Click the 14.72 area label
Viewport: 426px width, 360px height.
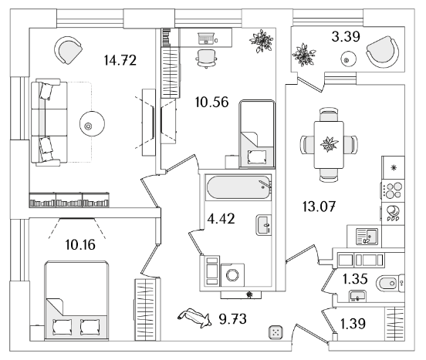click(120, 60)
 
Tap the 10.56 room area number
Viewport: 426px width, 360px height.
click(212, 103)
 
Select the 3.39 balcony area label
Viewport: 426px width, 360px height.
click(346, 36)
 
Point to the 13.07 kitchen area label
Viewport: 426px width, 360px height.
click(319, 207)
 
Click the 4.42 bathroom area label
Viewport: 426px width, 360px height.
click(221, 219)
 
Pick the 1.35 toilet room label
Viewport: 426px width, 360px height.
click(355, 279)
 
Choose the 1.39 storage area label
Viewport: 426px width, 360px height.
click(353, 324)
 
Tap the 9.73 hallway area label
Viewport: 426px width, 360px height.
click(233, 319)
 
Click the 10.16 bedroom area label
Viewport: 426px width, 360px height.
click(80, 244)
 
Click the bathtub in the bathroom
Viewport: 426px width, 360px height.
click(238, 187)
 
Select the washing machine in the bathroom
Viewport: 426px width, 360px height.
click(232, 274)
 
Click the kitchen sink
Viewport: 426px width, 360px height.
click(367, 236)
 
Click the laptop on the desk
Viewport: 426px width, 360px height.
click(206, 39)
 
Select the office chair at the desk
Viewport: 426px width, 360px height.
click(206, 59)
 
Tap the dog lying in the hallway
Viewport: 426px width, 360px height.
click(194, 318)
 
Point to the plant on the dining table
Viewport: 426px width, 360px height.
click(329, 144)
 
